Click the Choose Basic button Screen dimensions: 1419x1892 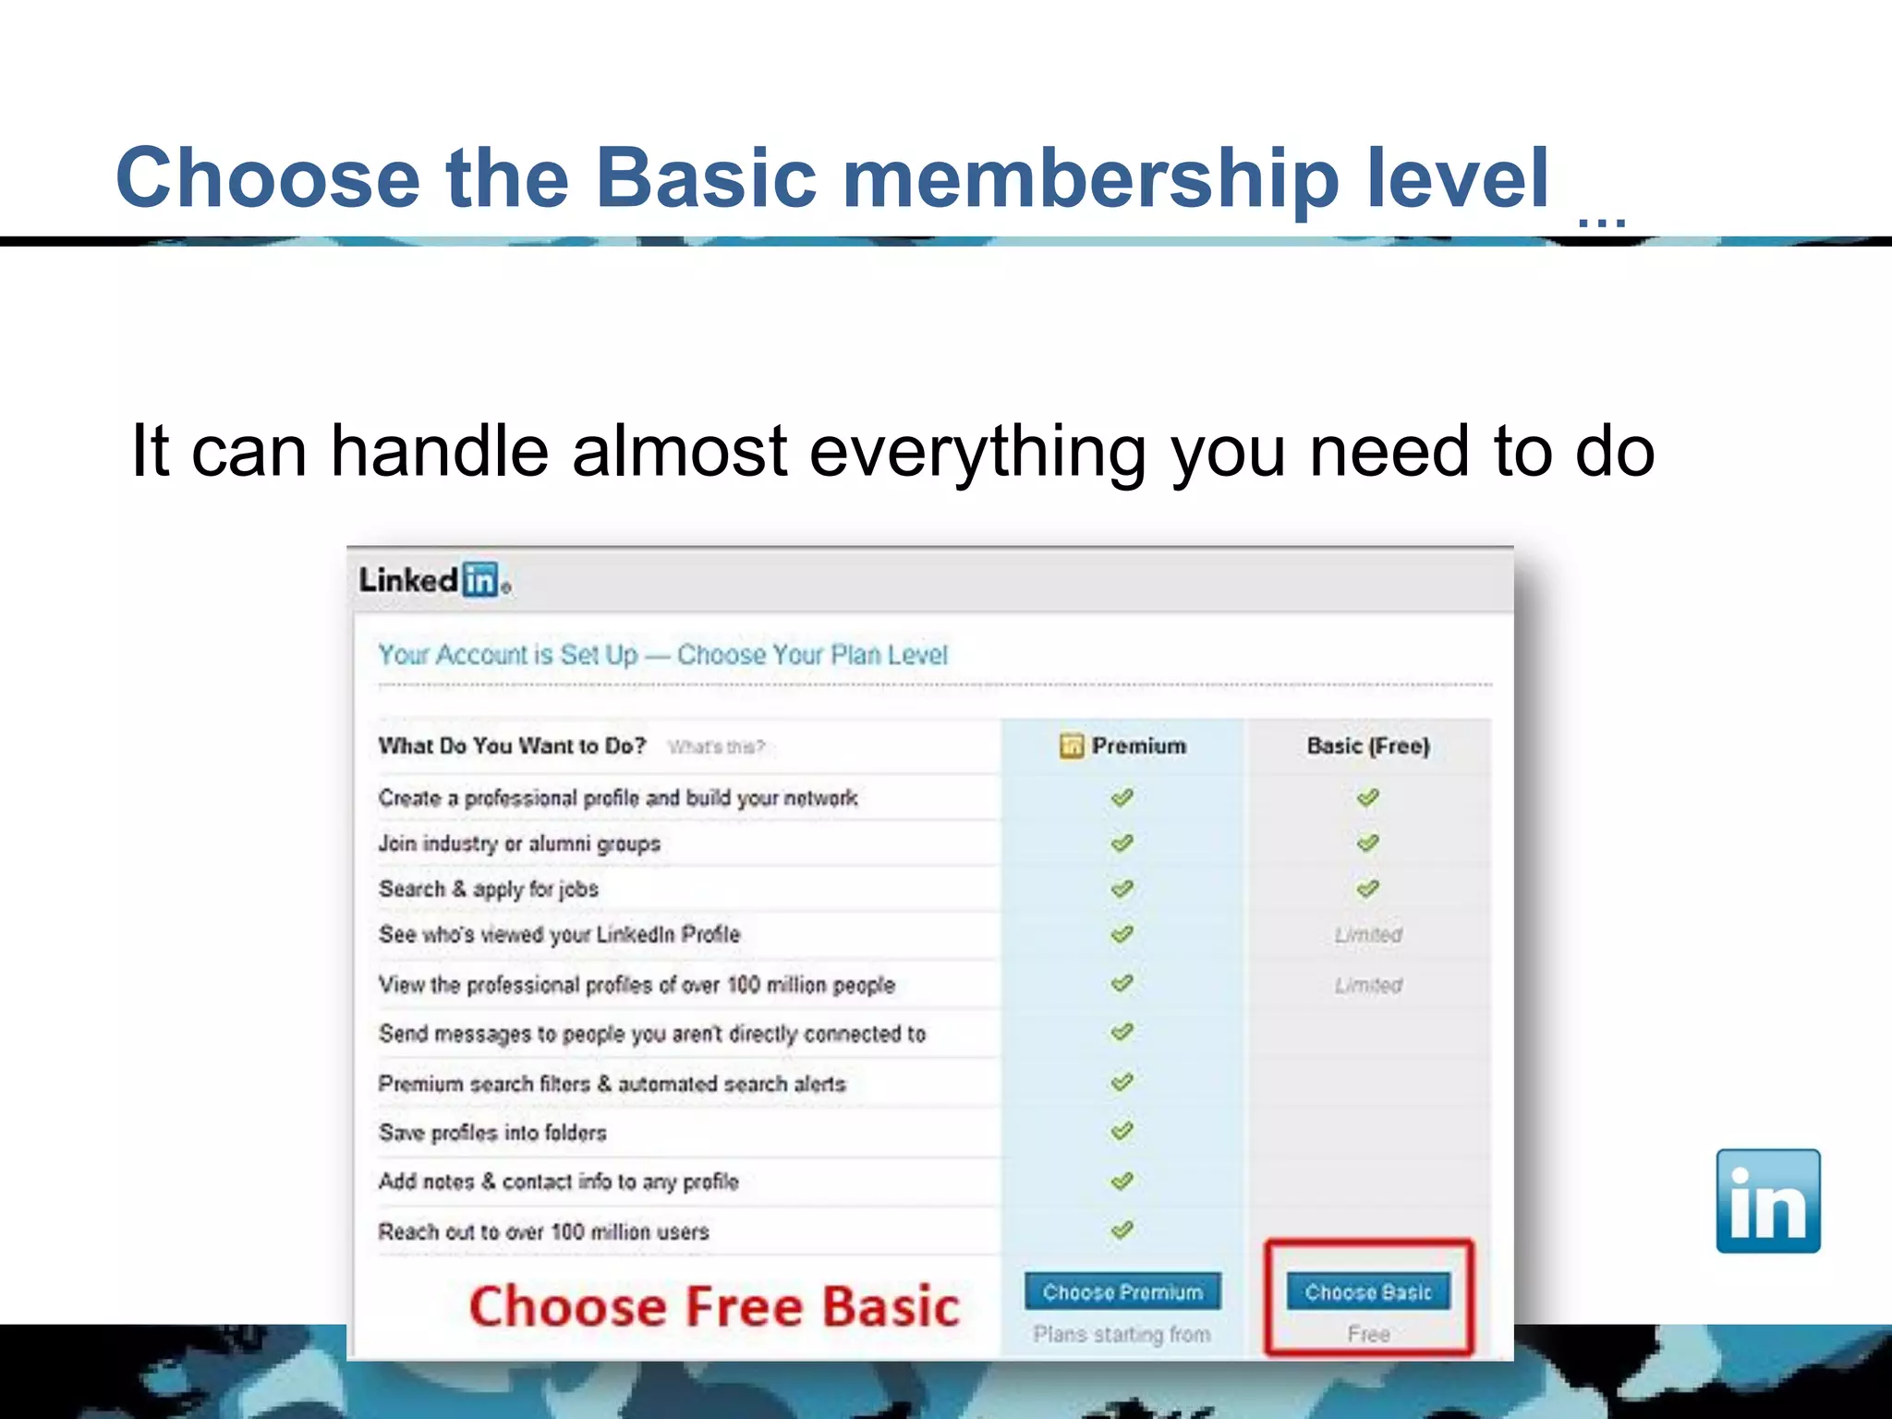[1367, 1292]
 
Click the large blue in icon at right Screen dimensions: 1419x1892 [1767, 1201]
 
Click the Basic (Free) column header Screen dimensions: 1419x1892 [1367, 746]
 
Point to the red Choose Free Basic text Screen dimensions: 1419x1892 [714, 1306]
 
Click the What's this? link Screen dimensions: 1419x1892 [716, 746]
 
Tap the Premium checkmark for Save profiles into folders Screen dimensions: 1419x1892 [1122, 1131]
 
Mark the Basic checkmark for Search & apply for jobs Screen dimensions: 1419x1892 [1367, 889]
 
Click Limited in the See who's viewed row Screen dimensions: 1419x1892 [1367, 935]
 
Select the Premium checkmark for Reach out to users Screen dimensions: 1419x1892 [1122, 1230]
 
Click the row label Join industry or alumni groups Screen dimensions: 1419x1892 [519, 843]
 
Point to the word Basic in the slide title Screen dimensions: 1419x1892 [706, 177]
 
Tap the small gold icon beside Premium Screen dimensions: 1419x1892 [1071, 746]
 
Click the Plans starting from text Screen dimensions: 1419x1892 [1122, 1334]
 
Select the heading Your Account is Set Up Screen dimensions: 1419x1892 [507, 655]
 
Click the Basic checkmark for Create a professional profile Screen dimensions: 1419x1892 [1367, 797]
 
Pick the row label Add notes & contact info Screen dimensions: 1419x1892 [558, 1182]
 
